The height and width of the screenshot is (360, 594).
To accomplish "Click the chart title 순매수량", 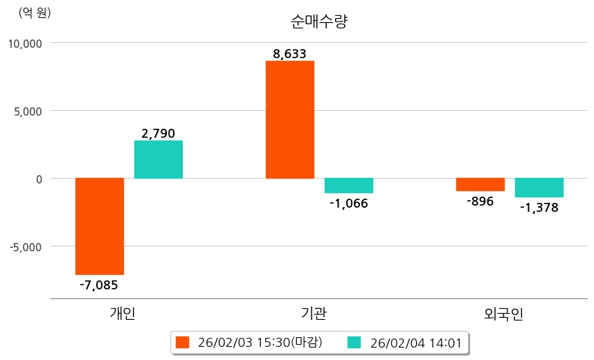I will tap(318, 21).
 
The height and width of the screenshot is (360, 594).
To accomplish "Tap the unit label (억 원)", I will tap(35, 12).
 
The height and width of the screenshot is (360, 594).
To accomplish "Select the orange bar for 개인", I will tap(100, 226).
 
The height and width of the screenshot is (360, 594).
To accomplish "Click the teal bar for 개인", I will tap(159, 159).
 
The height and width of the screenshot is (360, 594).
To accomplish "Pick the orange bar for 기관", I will tap(290, 119).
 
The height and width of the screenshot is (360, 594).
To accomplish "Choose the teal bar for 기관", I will tap(349, 186).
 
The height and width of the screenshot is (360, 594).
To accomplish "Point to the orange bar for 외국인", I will tap(480, 184).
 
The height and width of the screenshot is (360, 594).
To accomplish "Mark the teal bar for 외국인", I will tap(539, 188).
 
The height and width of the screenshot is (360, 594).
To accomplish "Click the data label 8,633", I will tap(290, 53).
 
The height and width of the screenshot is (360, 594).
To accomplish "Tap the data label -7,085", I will tap(99, 284).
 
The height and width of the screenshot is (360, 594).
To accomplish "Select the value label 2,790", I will tap(159, 133).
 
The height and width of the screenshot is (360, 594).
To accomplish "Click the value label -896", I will tap(480, 201).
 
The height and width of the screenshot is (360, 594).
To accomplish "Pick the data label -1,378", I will tap(539, 207).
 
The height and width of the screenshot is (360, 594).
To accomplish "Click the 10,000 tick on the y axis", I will tap(25, 43).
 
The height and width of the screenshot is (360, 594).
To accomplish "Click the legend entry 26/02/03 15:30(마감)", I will tap(258, 342).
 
